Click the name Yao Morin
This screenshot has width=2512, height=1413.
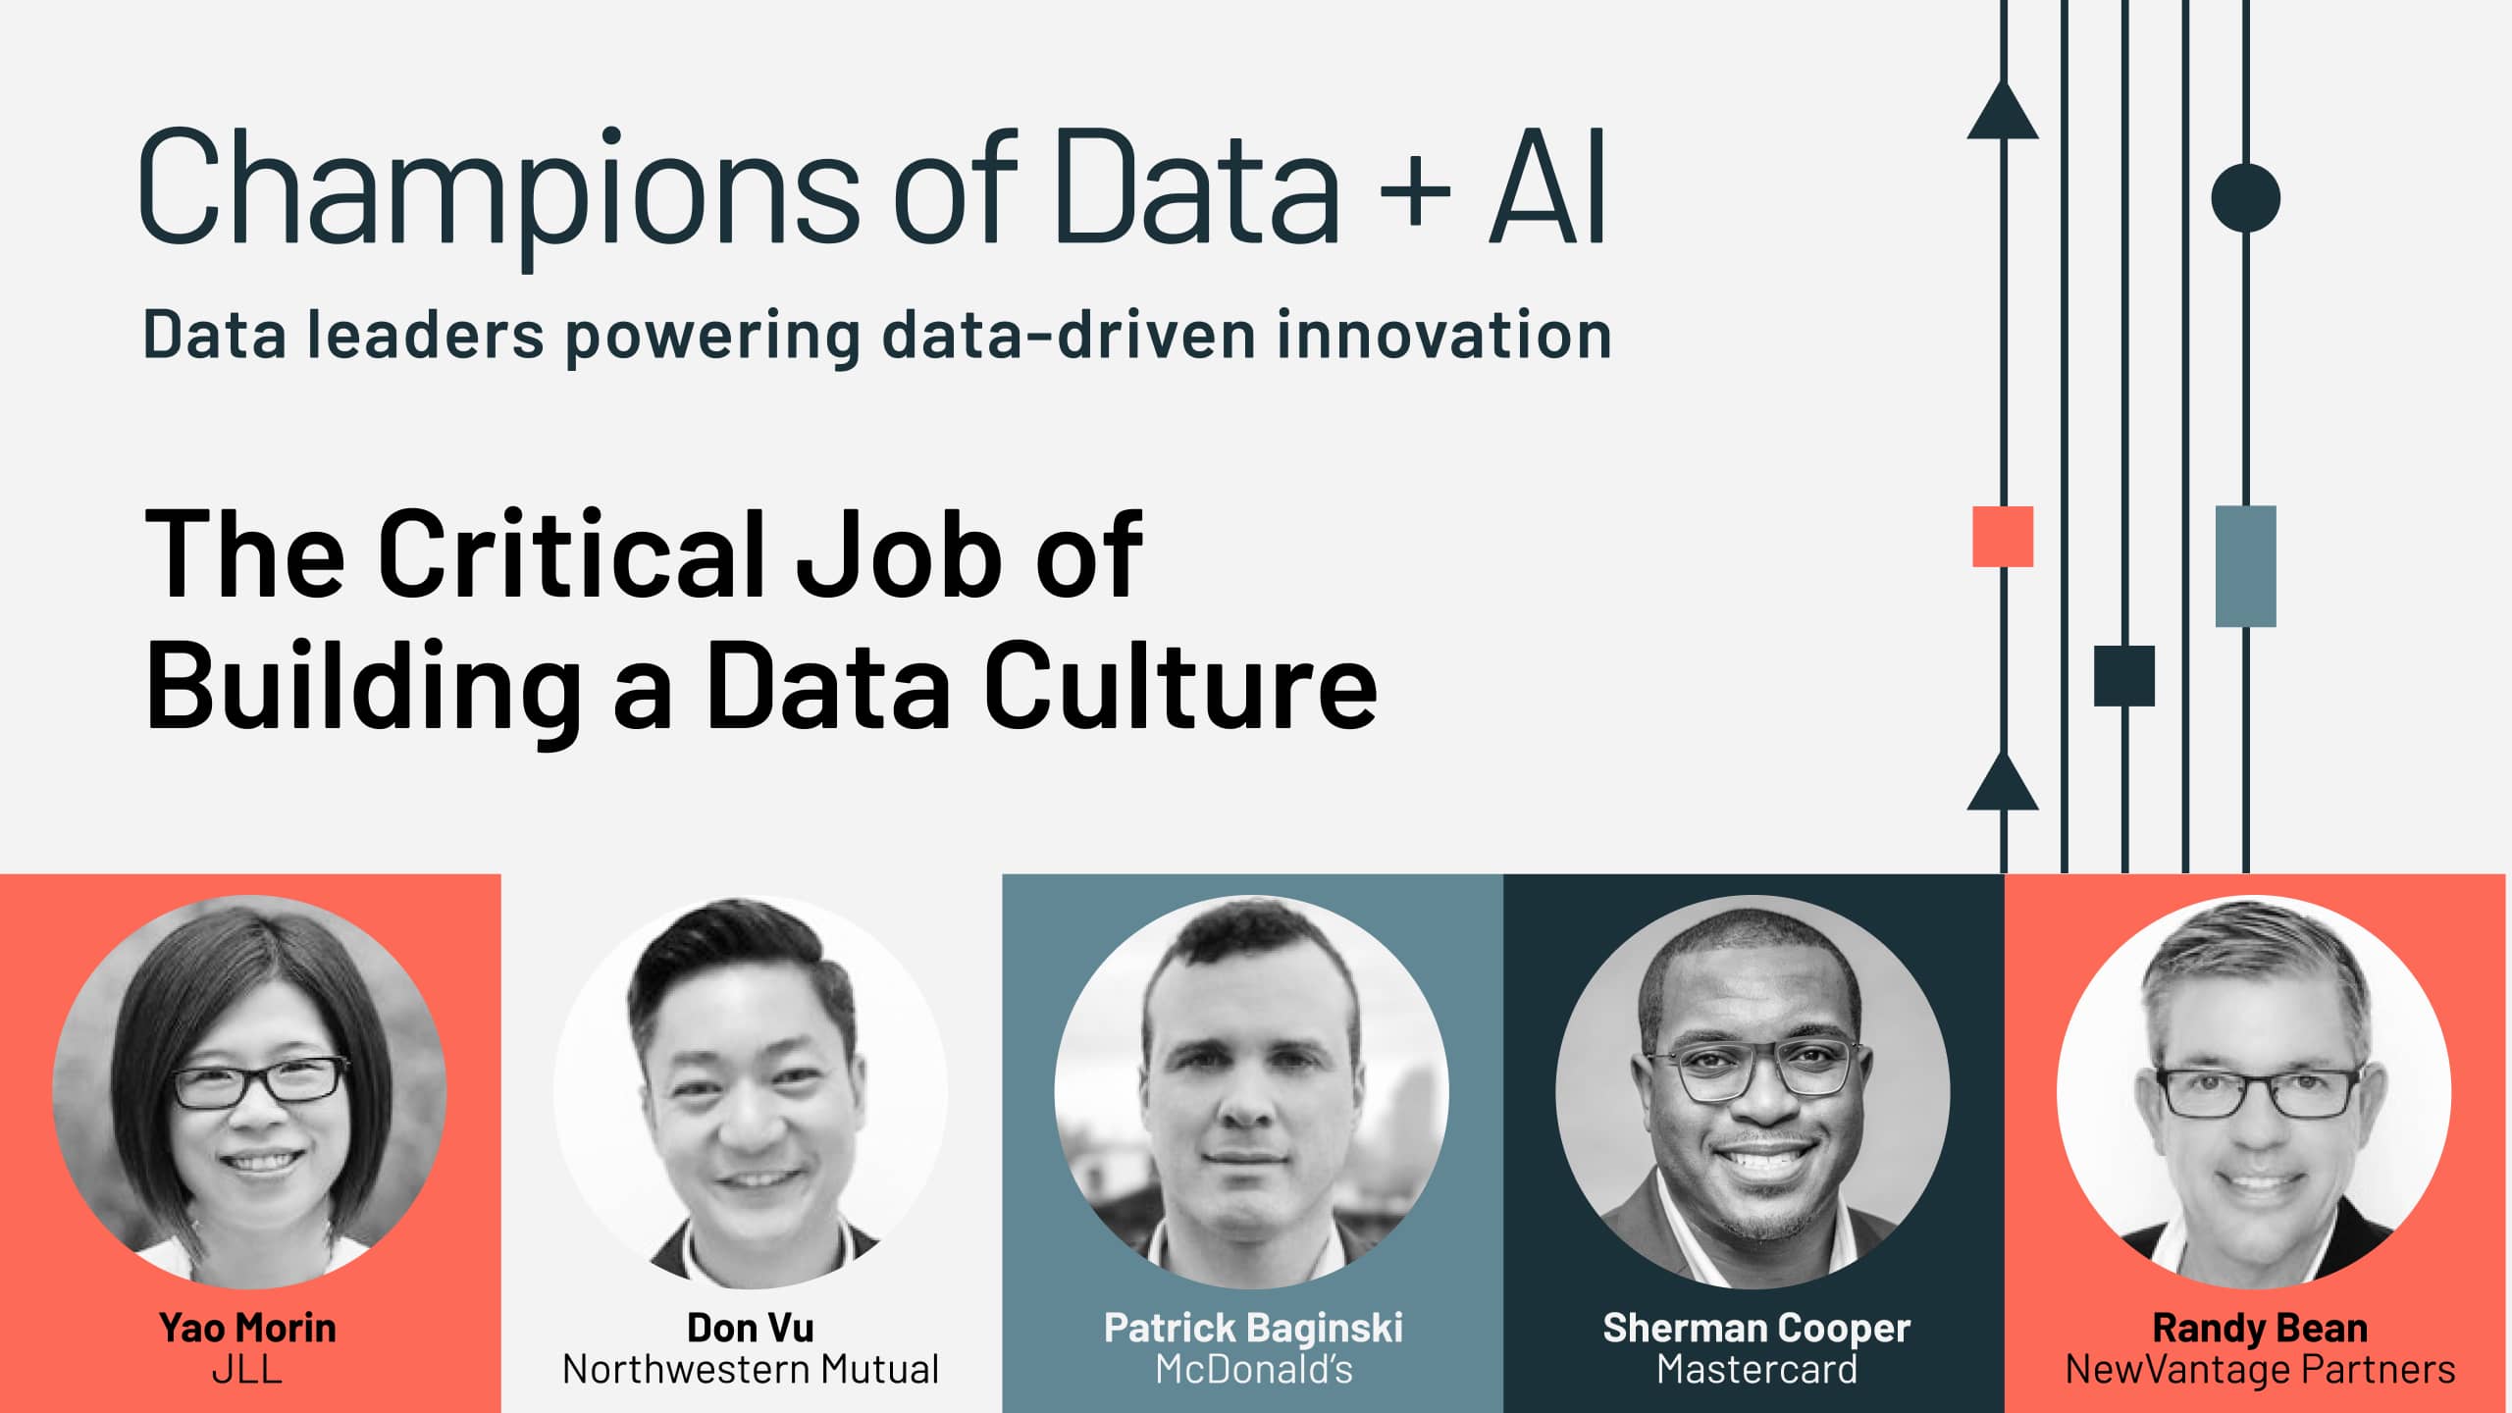[x=247, y=1328]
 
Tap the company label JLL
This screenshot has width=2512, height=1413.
[x=247, y=1370]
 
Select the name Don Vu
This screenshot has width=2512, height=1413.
[x=751, y=1328]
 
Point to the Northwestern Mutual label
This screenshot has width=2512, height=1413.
[x=751, y=1370]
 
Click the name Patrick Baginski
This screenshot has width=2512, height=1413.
[x=1253, y=1329]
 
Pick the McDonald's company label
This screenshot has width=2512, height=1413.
[x=1253, y=1370]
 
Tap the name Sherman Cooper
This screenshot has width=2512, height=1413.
[x=1756, y=1329]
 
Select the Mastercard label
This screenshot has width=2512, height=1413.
[x=1756, y=1370]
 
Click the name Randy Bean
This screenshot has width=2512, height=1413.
[x=2260, y=1329]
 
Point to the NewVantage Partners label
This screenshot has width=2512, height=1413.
[x=2260, y=1370]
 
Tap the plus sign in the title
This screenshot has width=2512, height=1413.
[x=1414, y=189]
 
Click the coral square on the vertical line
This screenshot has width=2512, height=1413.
[x=2003, y=537]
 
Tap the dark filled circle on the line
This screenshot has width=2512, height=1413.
[x=2245, y=198]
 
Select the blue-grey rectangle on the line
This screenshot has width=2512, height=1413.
[x=2245, y=566]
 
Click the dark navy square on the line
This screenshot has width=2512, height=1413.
[x=2124, y=676]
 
